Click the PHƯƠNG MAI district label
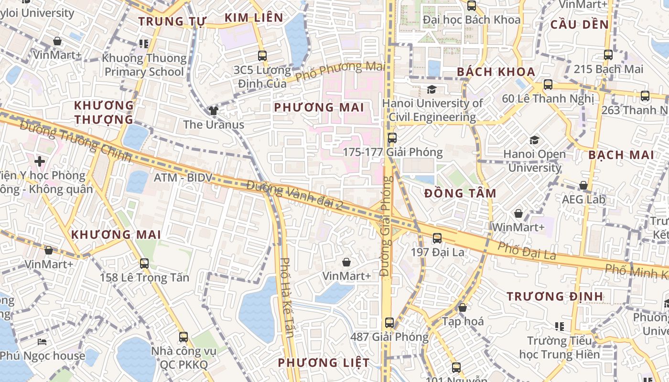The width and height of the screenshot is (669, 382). [x=319, y=107]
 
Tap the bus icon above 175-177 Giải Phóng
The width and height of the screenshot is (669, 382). [x=392, y=138]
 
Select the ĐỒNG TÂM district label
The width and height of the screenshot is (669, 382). [x=460, y=193]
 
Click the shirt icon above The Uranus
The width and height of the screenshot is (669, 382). [x=213, y=111]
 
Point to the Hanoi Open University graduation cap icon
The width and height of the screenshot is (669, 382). [x=534, y=140]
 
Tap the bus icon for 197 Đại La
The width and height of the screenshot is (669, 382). [x=437, y=238]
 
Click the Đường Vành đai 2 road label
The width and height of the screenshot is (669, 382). [x=295, y=196]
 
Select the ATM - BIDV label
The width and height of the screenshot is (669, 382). [x=182, y=178]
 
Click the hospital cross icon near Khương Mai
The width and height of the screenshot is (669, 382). [x=40, y=161]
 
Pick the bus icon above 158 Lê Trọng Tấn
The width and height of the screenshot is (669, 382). [x=144, y=263]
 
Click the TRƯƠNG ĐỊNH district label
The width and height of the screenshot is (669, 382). [x=555, y=297]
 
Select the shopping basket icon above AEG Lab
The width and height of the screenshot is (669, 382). [x=583, y=185]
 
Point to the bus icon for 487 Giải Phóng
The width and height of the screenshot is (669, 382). [x=389, y=322]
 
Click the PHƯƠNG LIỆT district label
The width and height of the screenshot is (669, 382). [x=324, y=363]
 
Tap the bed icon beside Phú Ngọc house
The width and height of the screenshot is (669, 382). [x=42, y=342]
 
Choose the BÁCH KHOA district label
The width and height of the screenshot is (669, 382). [x=496, y=72]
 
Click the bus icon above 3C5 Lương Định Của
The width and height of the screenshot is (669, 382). [x=262, y=55]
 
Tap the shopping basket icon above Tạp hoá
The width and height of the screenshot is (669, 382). [x=462, y=308]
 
